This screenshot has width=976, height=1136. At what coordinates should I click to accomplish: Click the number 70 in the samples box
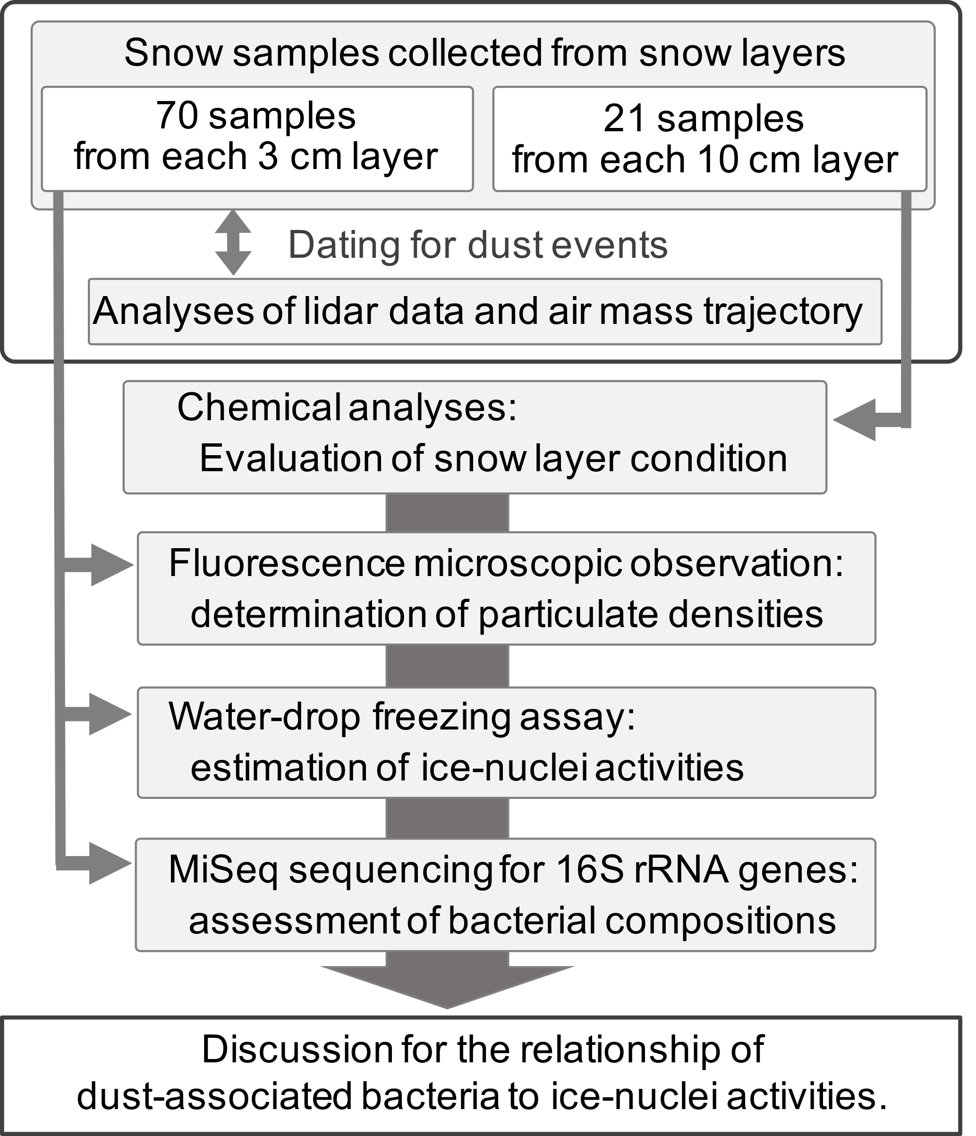[x=176, y=116]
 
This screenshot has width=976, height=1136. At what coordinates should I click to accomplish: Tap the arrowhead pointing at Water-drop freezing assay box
[x=110, y=714]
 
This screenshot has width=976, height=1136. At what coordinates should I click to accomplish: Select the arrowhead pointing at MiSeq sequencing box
[x=110, y=864]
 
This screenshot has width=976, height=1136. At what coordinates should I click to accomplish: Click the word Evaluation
[x=290, y=458]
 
